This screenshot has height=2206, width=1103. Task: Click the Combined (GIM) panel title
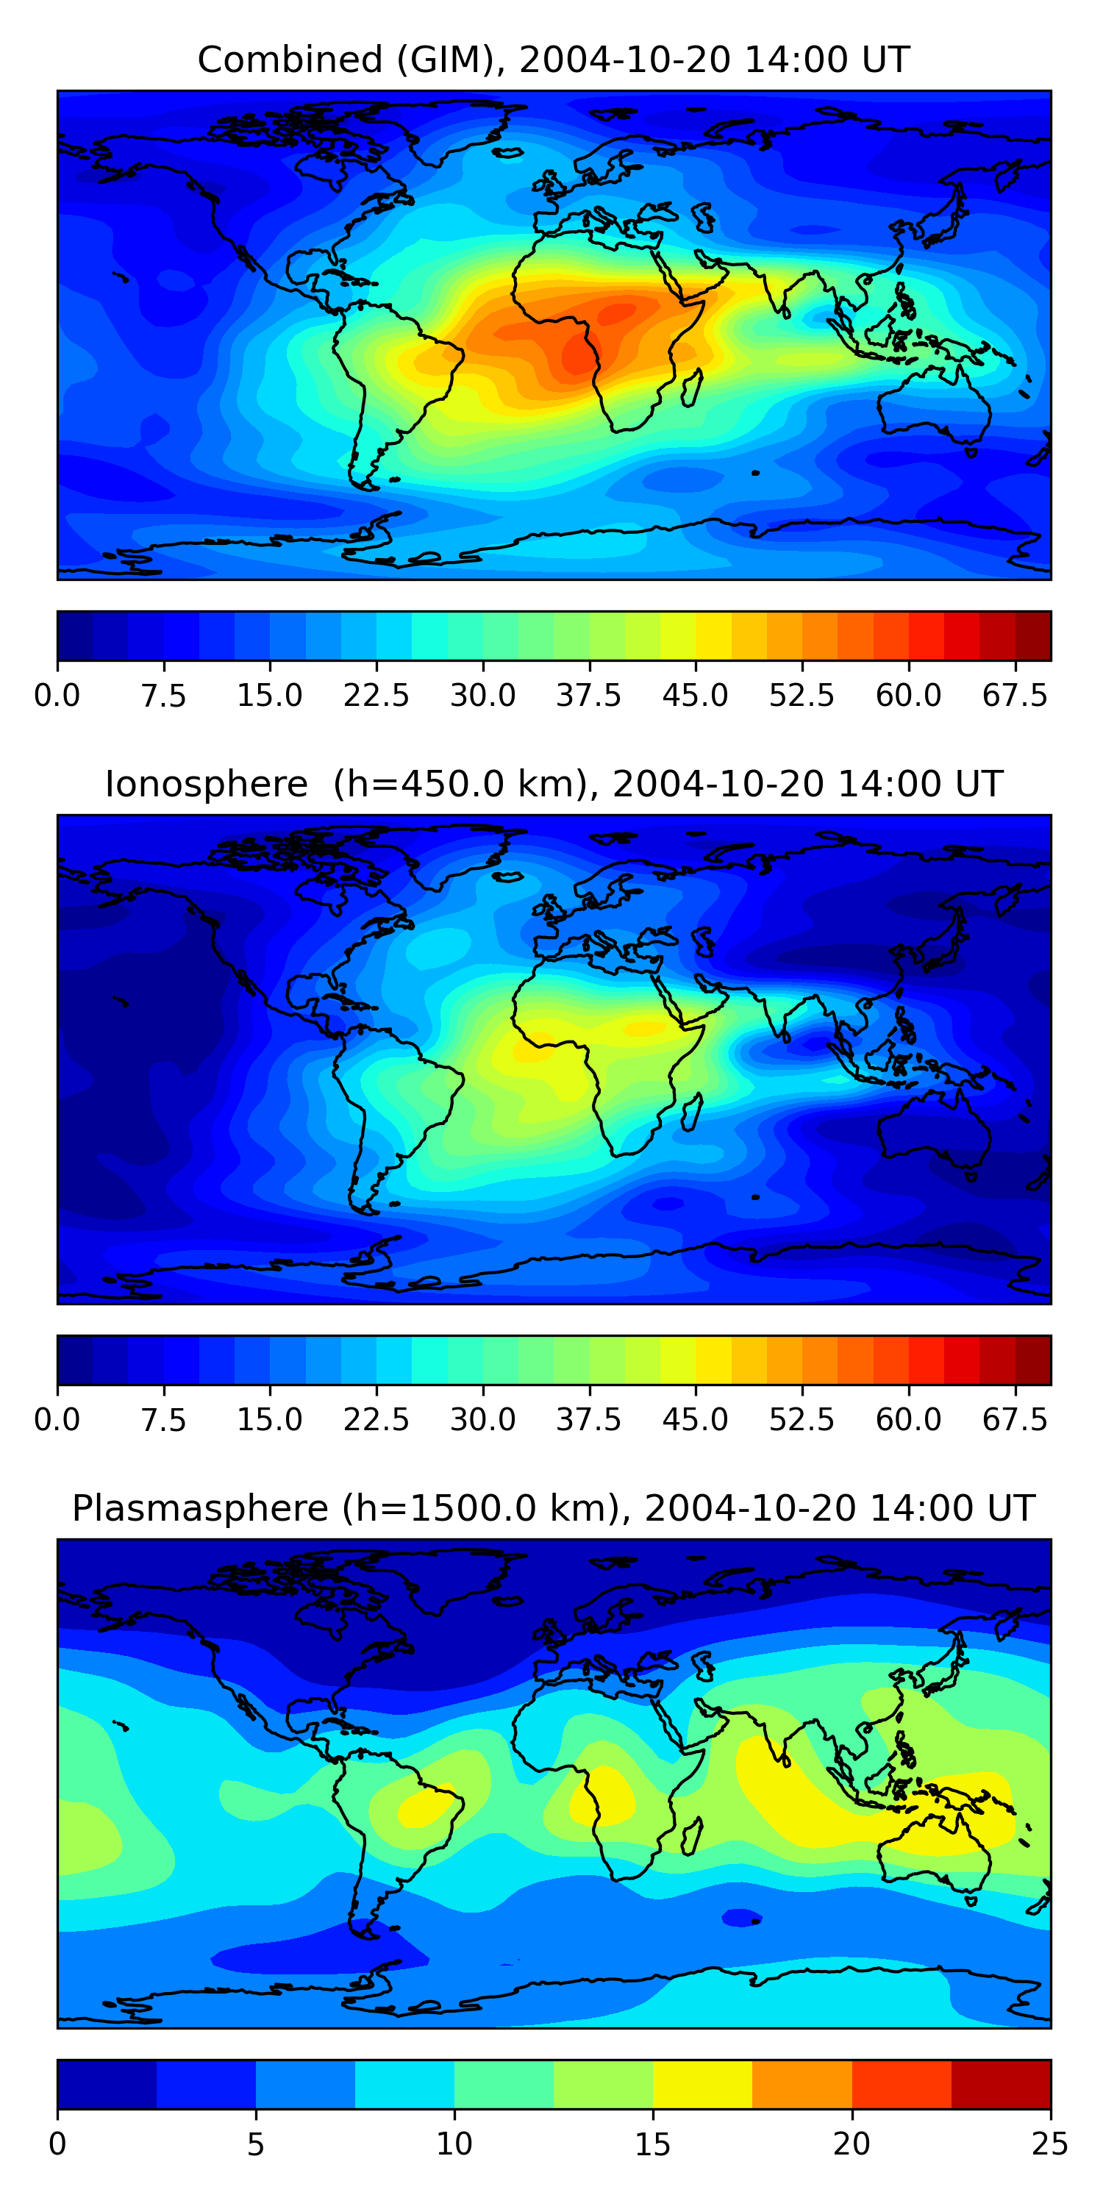click(553, 60)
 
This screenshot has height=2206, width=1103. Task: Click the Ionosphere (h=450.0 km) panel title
click(553, 785)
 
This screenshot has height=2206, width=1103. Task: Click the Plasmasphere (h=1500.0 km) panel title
click(553, 1508)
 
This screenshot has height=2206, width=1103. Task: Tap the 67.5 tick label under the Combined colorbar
click(1015, 696)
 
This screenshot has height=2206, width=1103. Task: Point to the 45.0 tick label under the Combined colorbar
click(696, 696)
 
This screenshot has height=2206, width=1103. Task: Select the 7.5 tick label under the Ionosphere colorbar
click(163, 1420)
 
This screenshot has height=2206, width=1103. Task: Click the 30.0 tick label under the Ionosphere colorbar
click(483, 1420)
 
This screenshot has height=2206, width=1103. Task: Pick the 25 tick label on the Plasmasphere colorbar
click(1050, 2144)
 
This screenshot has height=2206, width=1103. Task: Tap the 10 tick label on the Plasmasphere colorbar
click(454, 2144)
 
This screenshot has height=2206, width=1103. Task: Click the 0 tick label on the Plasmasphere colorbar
click(57, 2144)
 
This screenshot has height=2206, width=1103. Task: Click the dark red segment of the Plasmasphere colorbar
click(1000, 2085)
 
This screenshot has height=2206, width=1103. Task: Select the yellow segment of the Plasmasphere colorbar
click(702, 2085)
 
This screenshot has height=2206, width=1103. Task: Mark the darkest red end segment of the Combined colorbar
click(1033, 636)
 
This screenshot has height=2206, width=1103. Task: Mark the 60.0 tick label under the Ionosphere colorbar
click(909, 1420)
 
